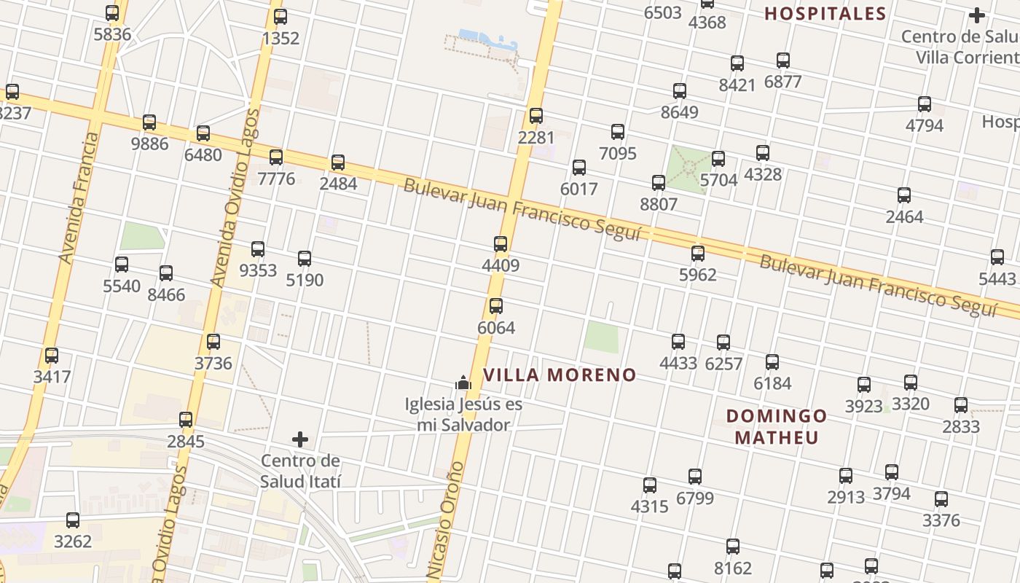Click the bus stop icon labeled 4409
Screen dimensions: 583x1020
point(501,244)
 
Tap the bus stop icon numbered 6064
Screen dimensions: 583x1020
point(496,306)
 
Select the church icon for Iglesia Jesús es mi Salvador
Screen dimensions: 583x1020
point(463,382)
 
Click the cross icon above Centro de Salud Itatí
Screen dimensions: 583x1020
point(300,439)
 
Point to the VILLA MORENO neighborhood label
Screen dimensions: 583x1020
point(560,375)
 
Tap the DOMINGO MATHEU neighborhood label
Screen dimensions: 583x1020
point(777,426)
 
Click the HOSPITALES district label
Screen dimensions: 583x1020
point(825,13)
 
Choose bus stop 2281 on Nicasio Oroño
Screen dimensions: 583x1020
point(536,115)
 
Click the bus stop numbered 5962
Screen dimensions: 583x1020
point(698,254)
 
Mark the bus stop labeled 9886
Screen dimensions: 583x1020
point(149,122)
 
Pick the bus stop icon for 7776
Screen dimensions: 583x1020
point(276,157)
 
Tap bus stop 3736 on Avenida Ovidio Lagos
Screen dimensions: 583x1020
point(213,341)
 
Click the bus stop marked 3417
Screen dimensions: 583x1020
point(52,356)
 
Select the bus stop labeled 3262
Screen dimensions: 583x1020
point(73,520)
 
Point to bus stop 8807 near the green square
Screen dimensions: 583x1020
point(659,182)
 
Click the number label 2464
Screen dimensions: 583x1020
point(904,216)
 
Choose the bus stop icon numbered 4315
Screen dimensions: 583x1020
point(650,485)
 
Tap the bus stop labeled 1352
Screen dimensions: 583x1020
point(280,16)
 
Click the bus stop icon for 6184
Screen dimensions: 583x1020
point(772,361)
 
